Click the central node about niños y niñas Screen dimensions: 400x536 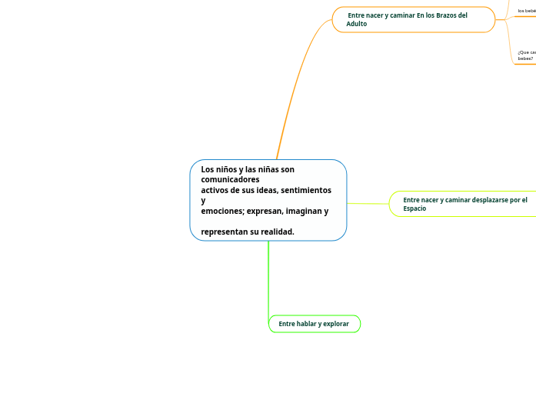(x=268, y=200)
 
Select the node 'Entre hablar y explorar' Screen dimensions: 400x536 (x=314, y=324)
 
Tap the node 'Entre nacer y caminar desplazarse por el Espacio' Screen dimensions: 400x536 (x=464, y=204)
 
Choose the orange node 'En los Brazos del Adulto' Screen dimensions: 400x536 (x=413, y=19)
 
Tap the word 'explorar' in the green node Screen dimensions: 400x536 (x=335, y=324)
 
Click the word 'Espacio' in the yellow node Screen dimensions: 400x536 (x=414, y=208)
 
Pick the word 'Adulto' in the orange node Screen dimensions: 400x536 (x=357, y=24)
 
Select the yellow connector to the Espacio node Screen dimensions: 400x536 (x=368, y=204)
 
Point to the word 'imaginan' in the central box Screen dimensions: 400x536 (x=306, y=211)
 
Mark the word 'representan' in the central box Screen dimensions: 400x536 (x=225, y=232)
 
